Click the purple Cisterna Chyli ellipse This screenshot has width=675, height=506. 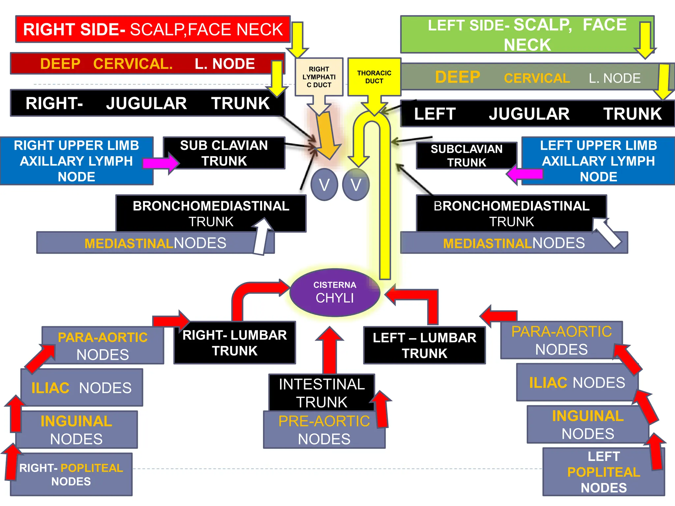pyautogui.click(x=335, y=293)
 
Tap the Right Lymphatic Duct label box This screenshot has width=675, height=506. pyautogui.click(x=319, y=77)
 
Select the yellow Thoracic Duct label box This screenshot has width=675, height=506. pyautogui.click(x=374, y=77)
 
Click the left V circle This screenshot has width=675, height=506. pyautogui.click(x=324, y=184)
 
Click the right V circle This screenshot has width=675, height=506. pyautogui.click(x=356, y=184)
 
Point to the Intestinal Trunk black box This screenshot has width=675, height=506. pyautogui.click(x=321, y=392)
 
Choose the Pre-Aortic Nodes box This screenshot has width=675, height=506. pyautogui.click(x=324, y=430)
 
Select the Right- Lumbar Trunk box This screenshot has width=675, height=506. pyautogui.click(x=234, y=343)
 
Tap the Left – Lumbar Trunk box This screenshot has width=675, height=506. pyautogui.click(x=424, y=345)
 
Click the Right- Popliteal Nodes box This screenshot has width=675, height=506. pyautogui.click(x=71, y=474)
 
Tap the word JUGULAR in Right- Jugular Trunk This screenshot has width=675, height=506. pyautogui.click(x=146, y=103)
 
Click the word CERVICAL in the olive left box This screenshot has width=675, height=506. pyautogui.click(x=537, y=78)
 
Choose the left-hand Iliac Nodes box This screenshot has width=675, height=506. pyautogui.click(x=82, y=387)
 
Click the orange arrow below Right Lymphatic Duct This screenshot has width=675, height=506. pyautogui.click(x=327, y=135)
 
